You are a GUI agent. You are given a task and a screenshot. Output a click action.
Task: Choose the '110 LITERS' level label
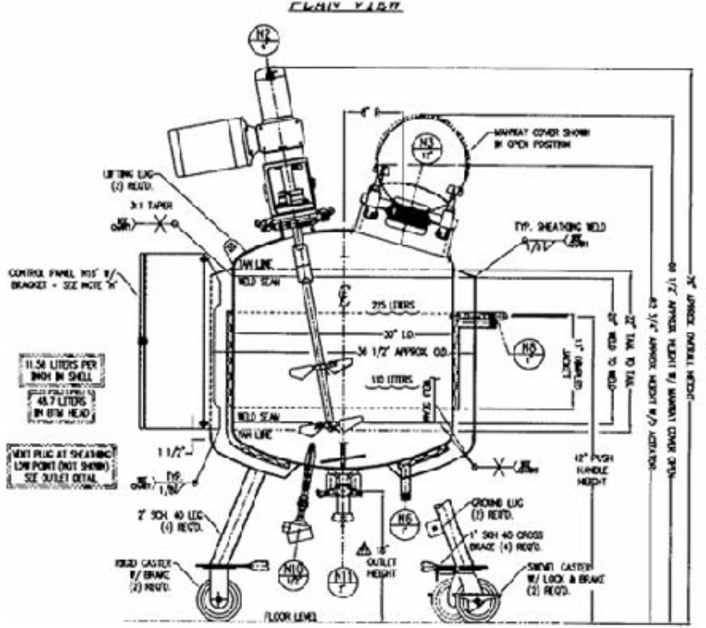pyautogui.click(x=387, y=382)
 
